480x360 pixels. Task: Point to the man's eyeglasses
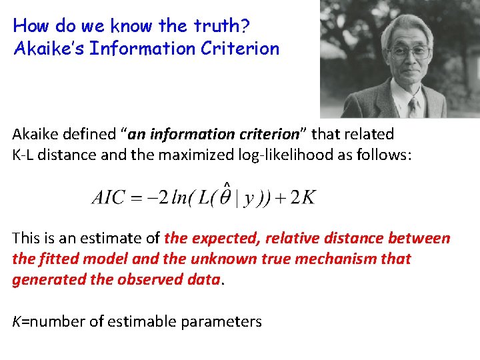pos(408,51)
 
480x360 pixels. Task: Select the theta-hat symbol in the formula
pos(227,197)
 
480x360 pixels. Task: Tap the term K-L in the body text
pos(25,155)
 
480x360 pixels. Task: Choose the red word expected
pos(221,238)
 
